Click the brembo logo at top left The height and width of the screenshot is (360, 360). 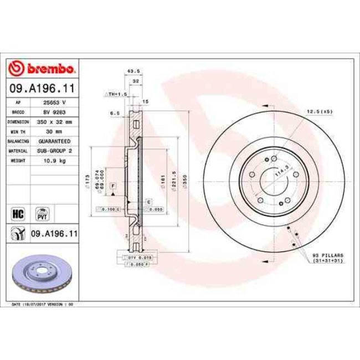[x=43, y=69]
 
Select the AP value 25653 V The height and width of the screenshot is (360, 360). [x=55, y=103]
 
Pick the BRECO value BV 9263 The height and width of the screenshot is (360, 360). [x=55, y=112]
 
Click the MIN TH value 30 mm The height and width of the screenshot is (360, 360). [x=55, y=131]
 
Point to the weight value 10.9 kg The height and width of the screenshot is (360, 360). [x=55, y=160]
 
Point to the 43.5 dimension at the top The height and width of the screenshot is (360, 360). [x=133, y=71]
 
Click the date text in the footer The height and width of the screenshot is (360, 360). [x=43, y=304]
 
